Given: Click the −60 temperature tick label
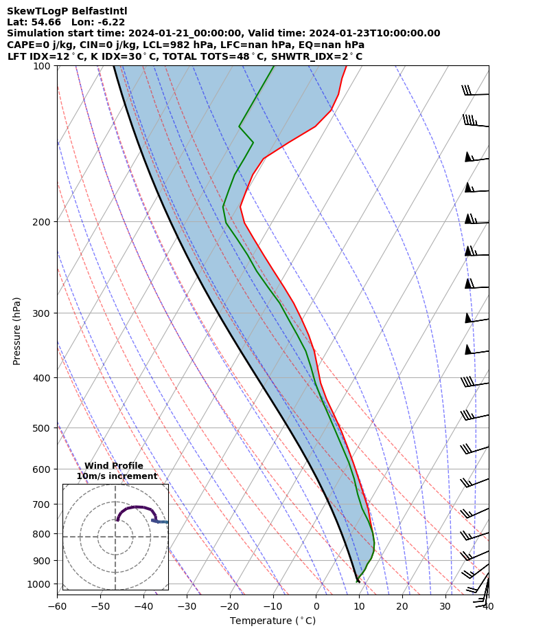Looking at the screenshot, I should click(x=57, y=606).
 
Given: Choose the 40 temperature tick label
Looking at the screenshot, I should click(x=489, y=606).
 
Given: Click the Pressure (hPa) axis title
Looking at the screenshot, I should click(x=17, y=331).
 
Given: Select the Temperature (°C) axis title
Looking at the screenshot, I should click(x=272, y=621).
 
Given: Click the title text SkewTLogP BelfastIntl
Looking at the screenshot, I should click(x=67, y=11).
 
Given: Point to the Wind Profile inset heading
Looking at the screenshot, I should click(x=114, y=466).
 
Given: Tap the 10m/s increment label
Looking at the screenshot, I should click(x=117, y=476).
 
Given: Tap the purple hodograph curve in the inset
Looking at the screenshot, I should click(x=137, y=507).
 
